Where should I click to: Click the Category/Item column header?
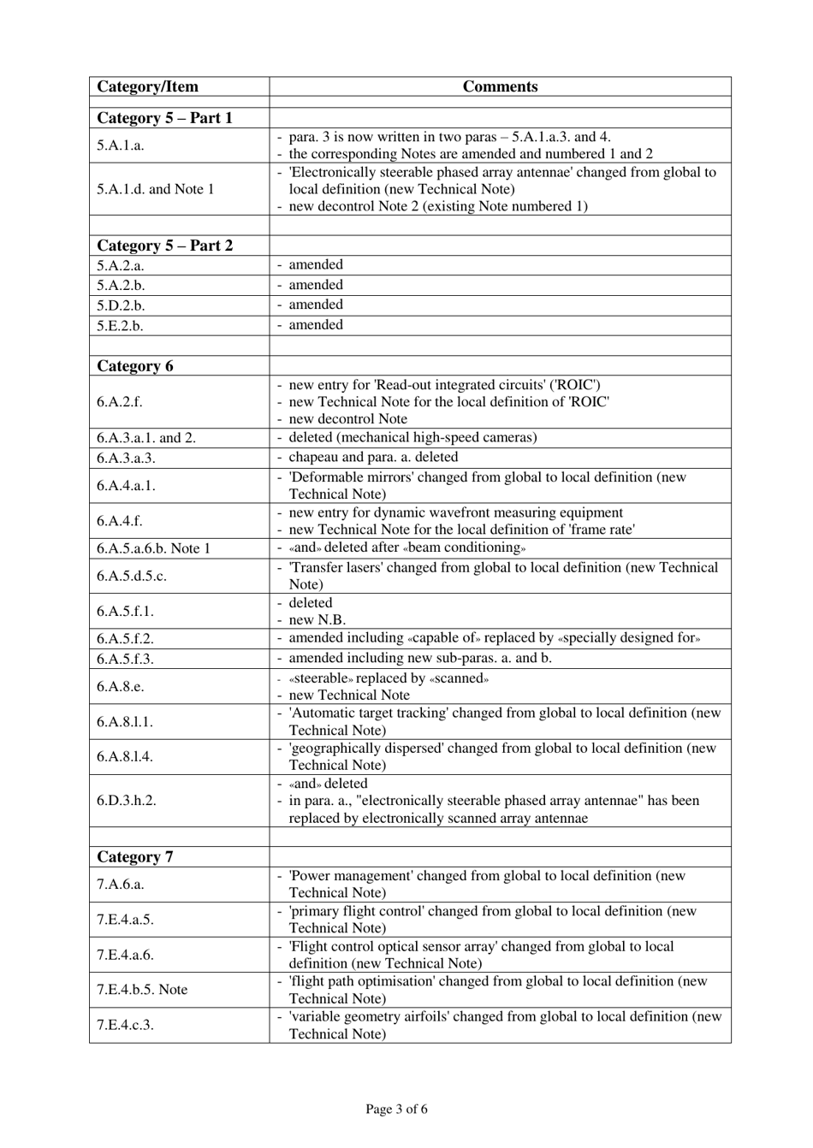pos(147,86)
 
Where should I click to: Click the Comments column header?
pos(500,86)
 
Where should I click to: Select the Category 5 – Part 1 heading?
pos(164,118)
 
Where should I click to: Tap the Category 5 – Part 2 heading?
pos(164,246)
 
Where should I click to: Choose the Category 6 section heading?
pos(134,366)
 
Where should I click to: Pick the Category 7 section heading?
pos(134,857)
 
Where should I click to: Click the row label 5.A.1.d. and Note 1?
pos(155,189)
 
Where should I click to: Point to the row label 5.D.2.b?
pos(121,305)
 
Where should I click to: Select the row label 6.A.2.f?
pos(119,402)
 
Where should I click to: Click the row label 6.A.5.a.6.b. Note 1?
pos(153,548)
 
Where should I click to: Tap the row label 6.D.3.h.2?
pos(126,801)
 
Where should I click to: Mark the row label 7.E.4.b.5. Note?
pos(141,990)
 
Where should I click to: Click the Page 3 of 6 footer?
pos(396,1110)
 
